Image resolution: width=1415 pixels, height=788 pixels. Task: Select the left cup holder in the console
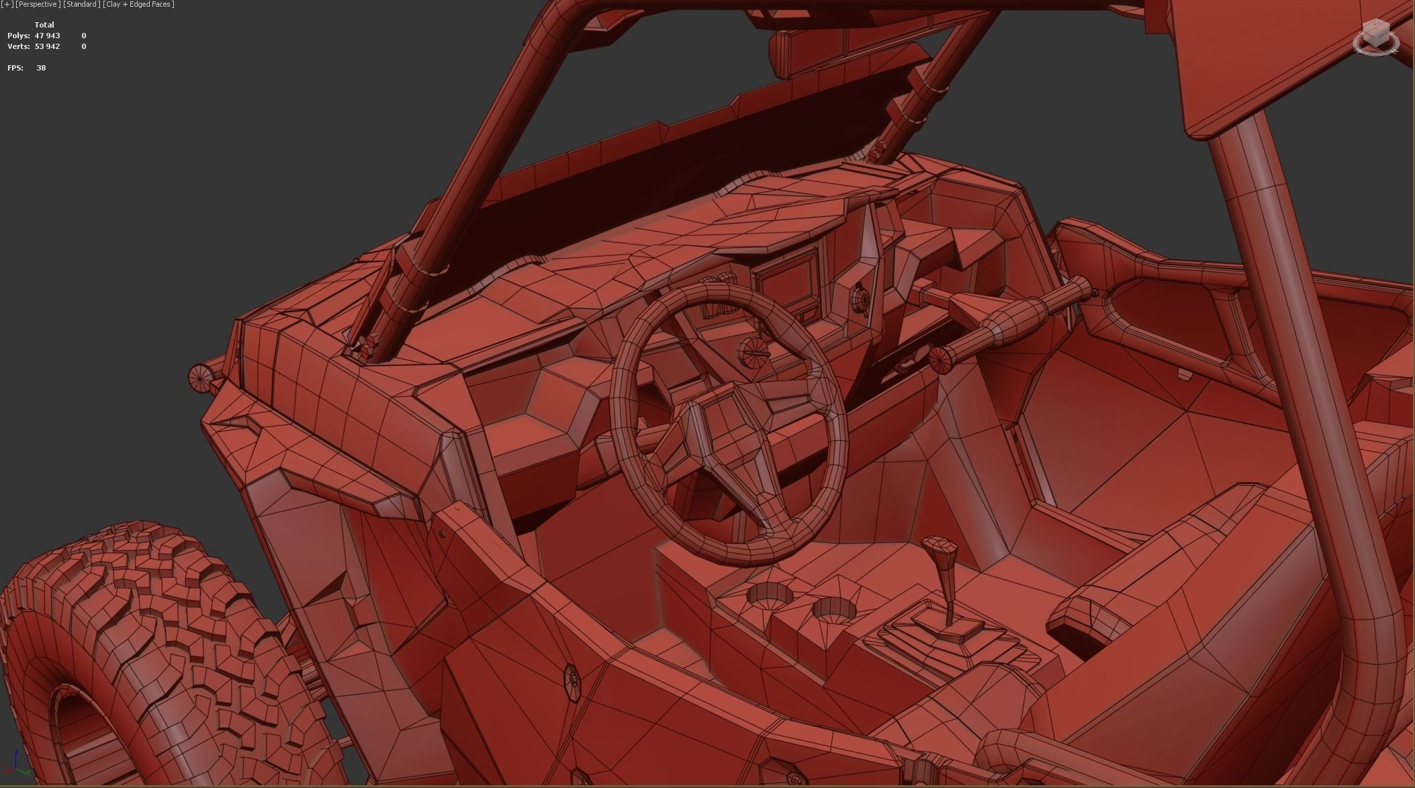pos(770,595)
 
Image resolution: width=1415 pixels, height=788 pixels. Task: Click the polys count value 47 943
pos(47,36)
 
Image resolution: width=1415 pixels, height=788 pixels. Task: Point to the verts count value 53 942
pos(47,46)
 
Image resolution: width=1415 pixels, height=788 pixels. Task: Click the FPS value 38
pos(41,68)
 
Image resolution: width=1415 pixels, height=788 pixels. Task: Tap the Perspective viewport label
pos(38,5)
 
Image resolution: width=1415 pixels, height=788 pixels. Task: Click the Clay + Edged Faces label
pos(139,5)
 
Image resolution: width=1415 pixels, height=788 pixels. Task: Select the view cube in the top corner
pos(1375,37)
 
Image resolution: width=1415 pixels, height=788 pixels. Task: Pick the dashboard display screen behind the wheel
pos(786,282)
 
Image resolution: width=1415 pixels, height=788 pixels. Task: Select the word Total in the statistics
pos(44,25)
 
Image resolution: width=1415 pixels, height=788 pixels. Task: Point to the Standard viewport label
pos(82,5)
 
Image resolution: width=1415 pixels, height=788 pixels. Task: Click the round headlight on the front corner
pos(200,380)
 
